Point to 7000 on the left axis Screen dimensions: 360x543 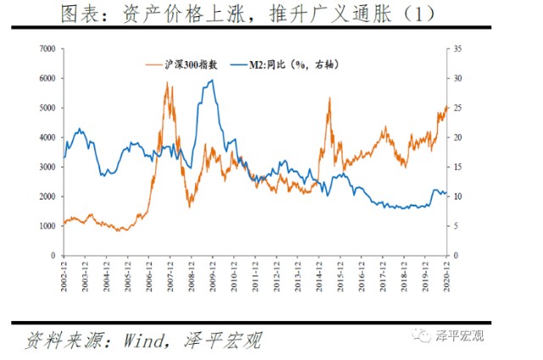[48, 48]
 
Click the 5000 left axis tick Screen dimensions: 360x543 [48, 108]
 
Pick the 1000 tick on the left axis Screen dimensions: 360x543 [48, 226]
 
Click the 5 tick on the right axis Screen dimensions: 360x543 [456, 226]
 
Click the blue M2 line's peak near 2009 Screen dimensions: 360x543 [211, 81]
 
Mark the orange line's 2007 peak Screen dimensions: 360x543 [166, 83]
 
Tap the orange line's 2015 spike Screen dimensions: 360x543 [329, 99]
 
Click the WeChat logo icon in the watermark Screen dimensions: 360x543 [423, 338]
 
